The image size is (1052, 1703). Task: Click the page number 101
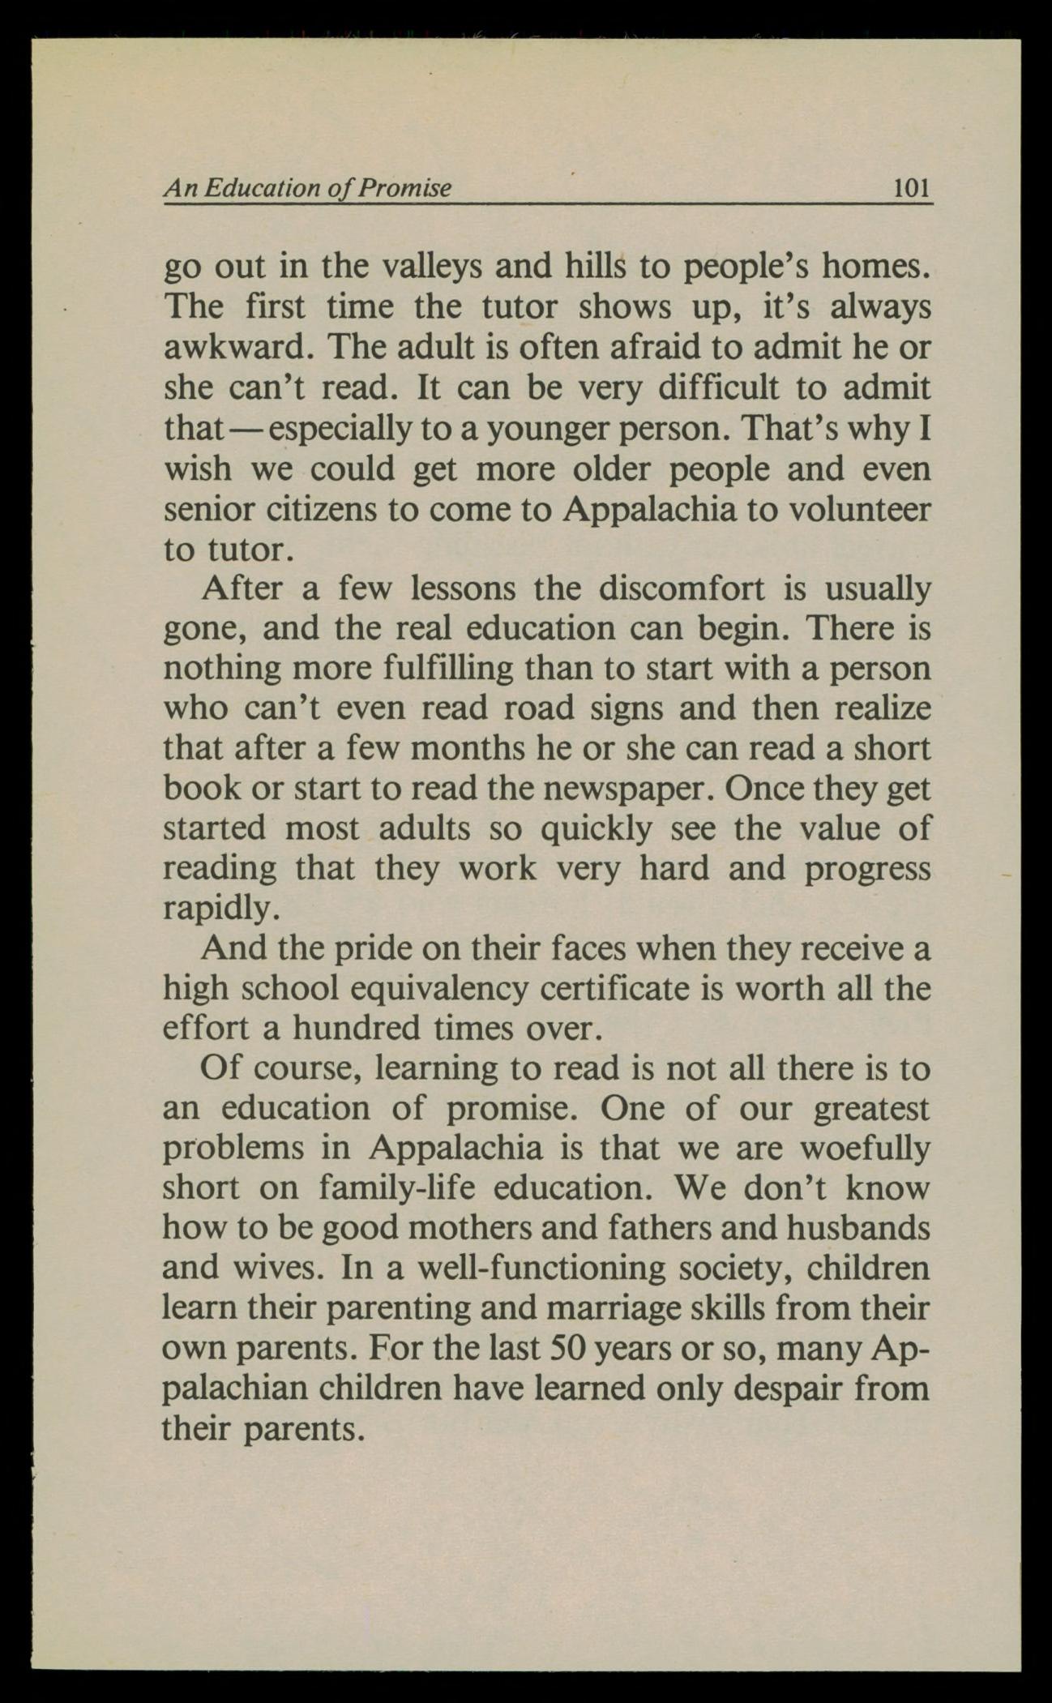[909, 189]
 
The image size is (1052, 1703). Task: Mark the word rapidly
[221, 909]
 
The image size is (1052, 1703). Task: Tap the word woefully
[865, 1149]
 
